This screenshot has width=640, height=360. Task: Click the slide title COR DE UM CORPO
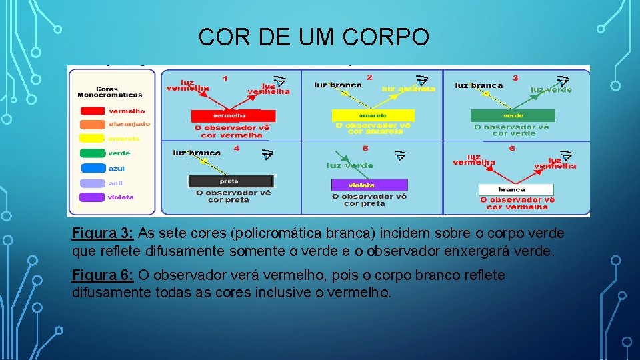click(x=313, y=37)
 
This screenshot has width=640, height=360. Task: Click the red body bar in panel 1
click(x=229, y=115)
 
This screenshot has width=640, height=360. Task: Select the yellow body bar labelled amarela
click(x=368, y=115)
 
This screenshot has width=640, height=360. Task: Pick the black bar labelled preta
click(x=230, y=181)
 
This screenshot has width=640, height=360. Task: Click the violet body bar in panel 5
click(x=369, y=185)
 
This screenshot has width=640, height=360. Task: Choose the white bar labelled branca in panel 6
click(x=516, y=189)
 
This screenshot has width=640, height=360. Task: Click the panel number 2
click(x=369, y=78)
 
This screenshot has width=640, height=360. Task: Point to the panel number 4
click(x=236, y=148)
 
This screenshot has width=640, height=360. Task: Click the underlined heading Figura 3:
click(x=103, y=233)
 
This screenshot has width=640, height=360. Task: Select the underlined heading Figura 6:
click(x=103, y=275)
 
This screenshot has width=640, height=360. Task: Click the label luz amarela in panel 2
click(x=409, y=89)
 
